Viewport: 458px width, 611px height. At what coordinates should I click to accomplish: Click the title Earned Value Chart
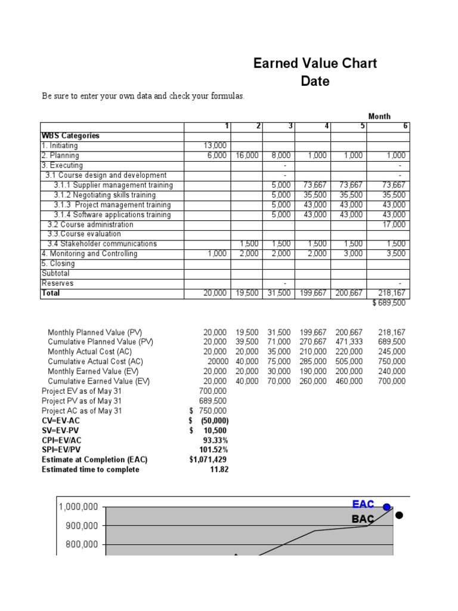tap(315, 63)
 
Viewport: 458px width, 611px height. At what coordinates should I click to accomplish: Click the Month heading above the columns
tap(379, 116)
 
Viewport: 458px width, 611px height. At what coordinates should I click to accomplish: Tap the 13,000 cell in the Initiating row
tap(215, 146)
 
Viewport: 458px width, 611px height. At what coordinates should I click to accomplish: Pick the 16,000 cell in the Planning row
tap(247, 155)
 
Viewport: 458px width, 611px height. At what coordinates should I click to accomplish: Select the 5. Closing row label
tap(58, 264)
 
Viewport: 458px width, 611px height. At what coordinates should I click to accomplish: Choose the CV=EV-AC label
tap(61, 421)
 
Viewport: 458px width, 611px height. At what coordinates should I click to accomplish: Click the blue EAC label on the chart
tap(363, 505)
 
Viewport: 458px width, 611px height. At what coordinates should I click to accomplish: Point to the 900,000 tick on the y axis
tap(78, 526)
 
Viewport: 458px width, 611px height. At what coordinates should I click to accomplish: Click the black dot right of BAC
tap(398, 516)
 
